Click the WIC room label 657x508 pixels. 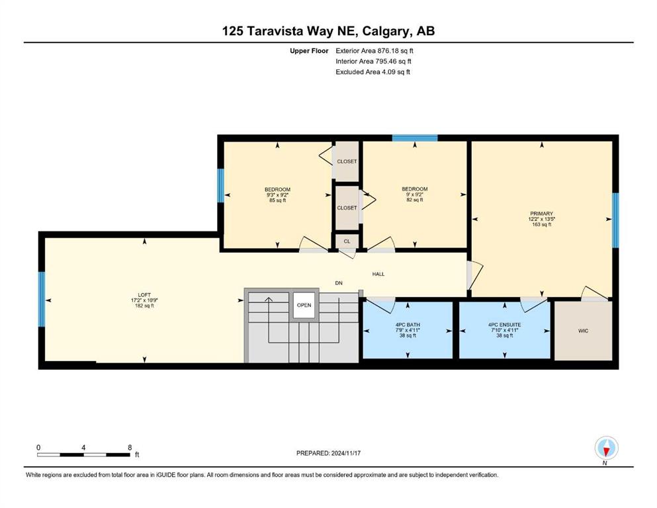(583, 331)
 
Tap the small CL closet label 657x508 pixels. (347, 241)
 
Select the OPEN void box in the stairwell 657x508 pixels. (304, 305)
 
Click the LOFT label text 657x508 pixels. (144, 295)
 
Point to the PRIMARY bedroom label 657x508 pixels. (541, 214)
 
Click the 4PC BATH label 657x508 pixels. (408, 325)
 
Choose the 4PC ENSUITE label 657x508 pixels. (504, 325)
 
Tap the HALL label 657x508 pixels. (378, 274)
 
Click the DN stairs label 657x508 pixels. (339, 283)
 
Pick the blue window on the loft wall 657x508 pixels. (42, 299)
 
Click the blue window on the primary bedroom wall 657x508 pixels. (615, 220)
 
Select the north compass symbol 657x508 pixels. (606, 448)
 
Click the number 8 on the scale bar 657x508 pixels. (130, 447)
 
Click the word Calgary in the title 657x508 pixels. (384, 31)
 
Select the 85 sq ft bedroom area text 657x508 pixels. (277, 200)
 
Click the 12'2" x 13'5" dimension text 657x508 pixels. (542, 219)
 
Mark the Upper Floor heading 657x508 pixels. (309, 51)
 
